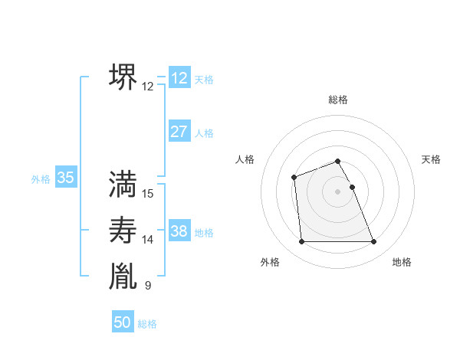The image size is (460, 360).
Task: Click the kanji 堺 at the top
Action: click(123, 77)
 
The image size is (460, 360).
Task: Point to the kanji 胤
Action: click(123, 277)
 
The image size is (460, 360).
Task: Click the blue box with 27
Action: click(179, 132)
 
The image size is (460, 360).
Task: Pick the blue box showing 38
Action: click(179, 231)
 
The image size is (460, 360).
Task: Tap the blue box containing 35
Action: click(66, 178)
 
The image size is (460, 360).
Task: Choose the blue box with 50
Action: click(123, 322)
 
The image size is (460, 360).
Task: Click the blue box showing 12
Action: click(179, 79)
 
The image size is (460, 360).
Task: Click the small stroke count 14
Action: click(148, 240)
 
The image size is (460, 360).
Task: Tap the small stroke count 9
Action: click(148, 286)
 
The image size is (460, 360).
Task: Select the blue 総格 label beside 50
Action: click(147, 324)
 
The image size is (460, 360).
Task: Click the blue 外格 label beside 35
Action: click(41, 179)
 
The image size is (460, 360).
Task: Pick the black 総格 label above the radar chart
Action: click(338, 100)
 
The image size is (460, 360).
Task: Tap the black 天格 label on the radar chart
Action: click(432, 159)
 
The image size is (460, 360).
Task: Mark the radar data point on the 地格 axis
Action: click(374, 242)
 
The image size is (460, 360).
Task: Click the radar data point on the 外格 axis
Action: click(301, 242)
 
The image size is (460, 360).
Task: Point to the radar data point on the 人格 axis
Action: click(294, 178)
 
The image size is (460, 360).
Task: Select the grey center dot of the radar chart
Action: click(338, 191)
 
